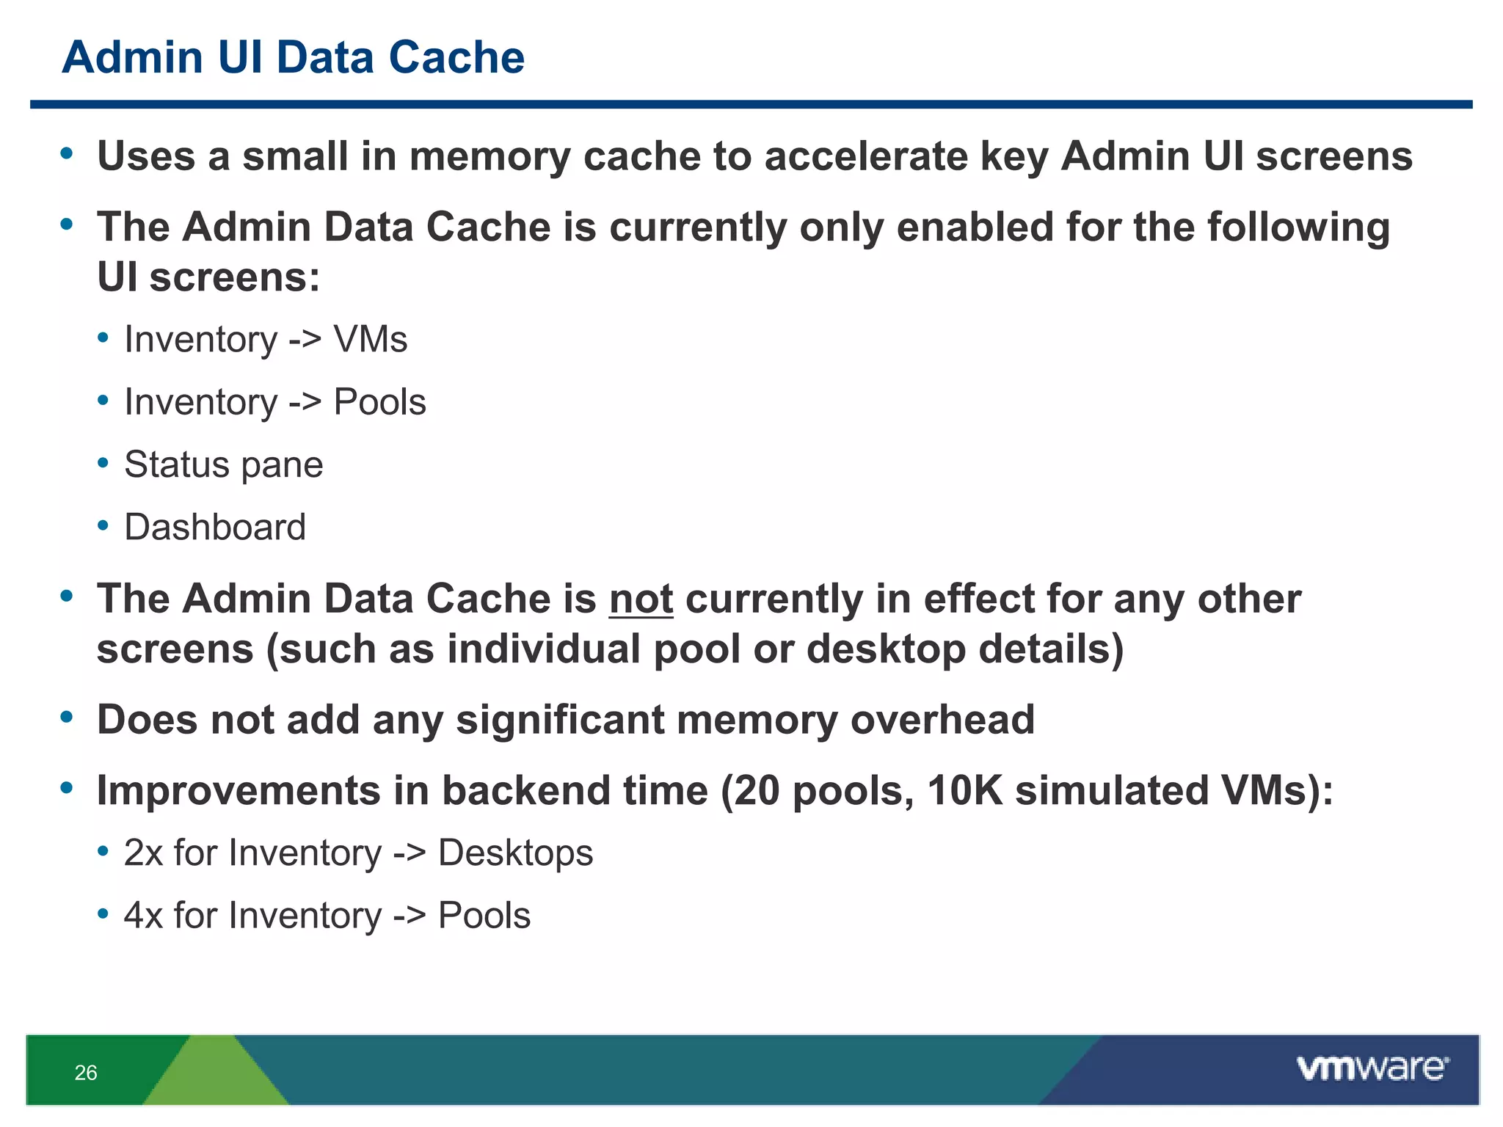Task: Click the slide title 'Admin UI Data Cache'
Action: coord(293,57)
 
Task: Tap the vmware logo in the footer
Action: coord(1372,1068)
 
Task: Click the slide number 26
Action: coord(86,1073)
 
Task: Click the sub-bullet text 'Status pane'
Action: coord(223,464)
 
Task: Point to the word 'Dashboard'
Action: coord(215,527)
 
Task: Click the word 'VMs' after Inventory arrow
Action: coord(370,340)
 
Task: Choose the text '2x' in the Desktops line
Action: coord(142,853)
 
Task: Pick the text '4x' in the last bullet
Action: coord(142,916)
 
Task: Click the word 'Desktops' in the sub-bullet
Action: coord(515,853)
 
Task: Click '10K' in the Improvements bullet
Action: coord(964,791)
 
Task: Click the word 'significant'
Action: coord(559,719)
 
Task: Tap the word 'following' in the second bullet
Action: coord(1298,227)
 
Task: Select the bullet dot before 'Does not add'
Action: coord(67,717)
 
